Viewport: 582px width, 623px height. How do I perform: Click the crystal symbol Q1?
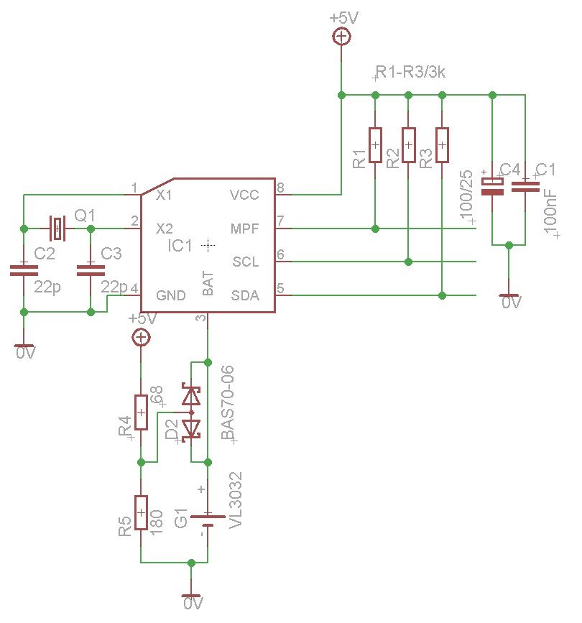tap(57, 229)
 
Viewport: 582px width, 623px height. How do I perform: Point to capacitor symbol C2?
tap(24, 271)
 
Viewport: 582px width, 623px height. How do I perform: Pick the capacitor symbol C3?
tap(91, 271)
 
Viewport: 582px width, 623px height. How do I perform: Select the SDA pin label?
tap(244, 295)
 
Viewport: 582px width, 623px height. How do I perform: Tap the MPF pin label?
tap(243, 229)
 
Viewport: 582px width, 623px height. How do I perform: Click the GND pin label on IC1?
tap(171, 295)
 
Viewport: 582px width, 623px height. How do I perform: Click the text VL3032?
tap(236, 501)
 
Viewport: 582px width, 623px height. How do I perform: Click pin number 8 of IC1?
tap(280, 188)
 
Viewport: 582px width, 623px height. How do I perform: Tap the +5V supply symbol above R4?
tap(142, 336)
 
